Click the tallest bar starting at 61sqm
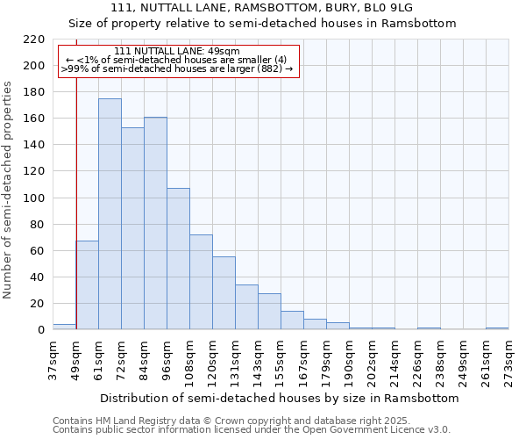[x=110, y=214]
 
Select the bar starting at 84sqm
[x=155, y=223]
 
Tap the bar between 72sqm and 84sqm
[x=132, y=228]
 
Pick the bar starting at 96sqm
[x=178, y=259]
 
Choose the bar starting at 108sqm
[x=201, y=282]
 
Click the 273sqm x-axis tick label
[x=508, y=361]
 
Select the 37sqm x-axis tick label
[x=53, y=361]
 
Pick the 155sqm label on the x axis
[x=281, y=361]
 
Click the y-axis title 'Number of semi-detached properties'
[x=10, y=190]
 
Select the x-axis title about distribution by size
[x=280, y=398]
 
